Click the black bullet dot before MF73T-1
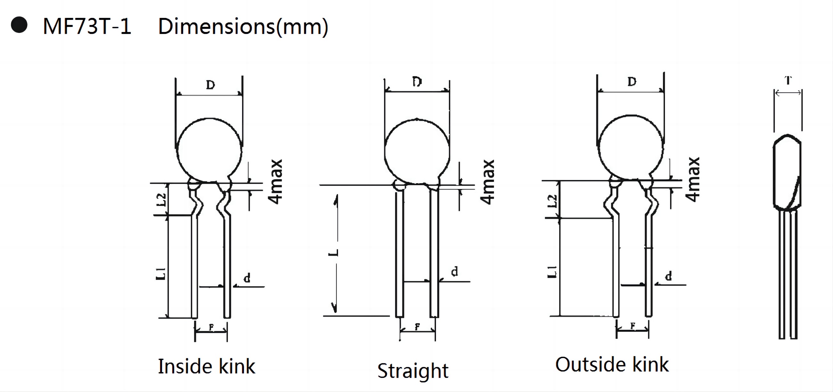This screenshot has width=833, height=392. [19, 25]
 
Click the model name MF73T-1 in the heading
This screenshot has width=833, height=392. [87, 26]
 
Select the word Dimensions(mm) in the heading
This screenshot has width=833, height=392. [243, 27]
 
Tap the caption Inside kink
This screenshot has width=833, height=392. [206, 366]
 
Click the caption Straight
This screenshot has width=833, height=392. [413, 371]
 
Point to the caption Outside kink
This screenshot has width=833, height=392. [611, 364]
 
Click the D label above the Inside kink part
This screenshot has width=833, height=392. [210, 85]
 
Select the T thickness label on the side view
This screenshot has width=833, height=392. [788, 80]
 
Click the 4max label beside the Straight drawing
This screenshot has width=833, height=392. [487, 182]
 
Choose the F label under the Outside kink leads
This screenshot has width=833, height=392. [633, 326]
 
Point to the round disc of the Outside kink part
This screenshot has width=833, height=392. [631, 148]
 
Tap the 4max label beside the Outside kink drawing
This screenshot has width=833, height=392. [692, 180]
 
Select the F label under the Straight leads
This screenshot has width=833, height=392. [417, 327]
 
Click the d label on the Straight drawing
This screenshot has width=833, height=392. [454, 272]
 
